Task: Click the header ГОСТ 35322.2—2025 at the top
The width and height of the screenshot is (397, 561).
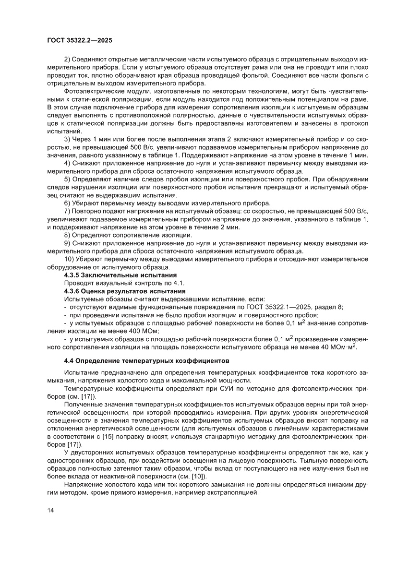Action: [80, 41]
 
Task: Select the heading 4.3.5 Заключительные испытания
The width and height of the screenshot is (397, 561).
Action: [120, 275]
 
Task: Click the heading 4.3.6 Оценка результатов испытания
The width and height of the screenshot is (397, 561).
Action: [124, 291]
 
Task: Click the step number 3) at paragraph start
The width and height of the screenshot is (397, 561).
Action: [67, 139]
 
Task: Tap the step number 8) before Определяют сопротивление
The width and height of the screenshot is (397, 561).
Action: [67, 235]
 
